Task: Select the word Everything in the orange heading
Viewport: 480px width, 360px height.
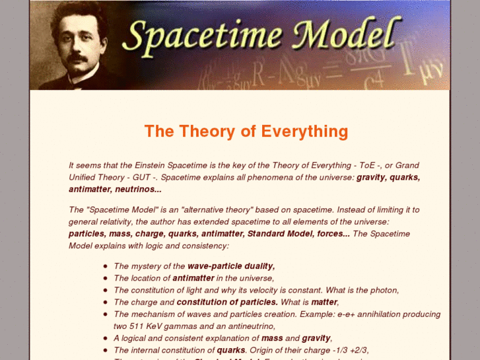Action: (x=304, y=131)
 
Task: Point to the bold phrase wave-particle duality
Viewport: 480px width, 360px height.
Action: (x=231, y=266)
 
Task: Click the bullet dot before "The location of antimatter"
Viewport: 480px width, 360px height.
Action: (x=106, y=278)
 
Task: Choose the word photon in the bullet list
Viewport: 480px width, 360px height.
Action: (x=385, y=290)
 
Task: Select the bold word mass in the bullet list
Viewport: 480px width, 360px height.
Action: (x=271, y=338)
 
